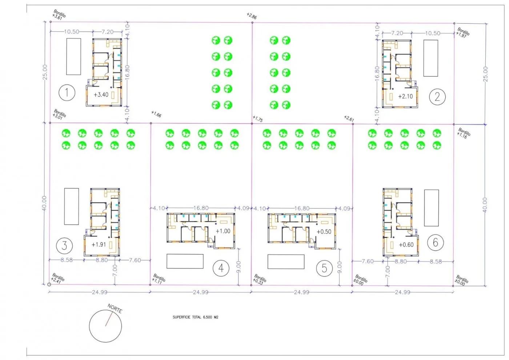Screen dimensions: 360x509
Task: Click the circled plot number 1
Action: pos(67,93)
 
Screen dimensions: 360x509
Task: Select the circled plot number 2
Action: pos(437,97)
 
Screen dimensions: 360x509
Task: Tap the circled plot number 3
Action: pos(64,245)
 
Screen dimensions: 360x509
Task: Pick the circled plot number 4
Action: pos(221,268)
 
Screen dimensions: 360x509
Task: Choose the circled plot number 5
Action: pos(324,268)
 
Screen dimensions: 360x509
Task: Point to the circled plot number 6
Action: pos(435,242)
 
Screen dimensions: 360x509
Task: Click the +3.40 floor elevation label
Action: pos(101,95)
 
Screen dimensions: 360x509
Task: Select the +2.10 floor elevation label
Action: pos(405,96)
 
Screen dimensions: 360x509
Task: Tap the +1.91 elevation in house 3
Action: pos(99,245)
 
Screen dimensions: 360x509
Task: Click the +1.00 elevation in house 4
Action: pos(223,231)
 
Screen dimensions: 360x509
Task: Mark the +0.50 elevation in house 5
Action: pos(324,232)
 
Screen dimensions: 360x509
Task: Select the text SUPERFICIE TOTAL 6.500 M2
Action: pos(195,317)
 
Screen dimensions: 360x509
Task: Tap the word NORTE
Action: pos(115,309)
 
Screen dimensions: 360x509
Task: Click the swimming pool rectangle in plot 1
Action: pos(73,56)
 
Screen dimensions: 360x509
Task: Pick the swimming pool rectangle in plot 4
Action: pos(185,261)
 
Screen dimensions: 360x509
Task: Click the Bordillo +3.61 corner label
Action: pos(59,15)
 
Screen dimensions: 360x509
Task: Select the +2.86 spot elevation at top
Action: pos(252,16)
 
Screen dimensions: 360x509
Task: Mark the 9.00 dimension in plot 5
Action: pos(340,267)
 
